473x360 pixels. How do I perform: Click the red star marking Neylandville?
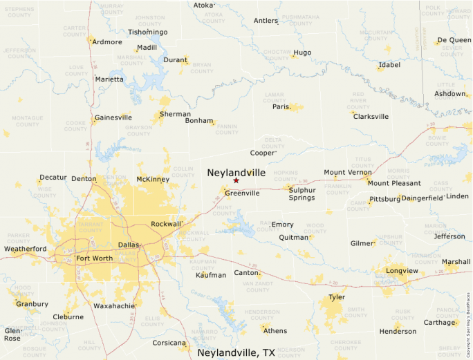[236, 180]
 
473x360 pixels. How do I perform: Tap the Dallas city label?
[128, 245]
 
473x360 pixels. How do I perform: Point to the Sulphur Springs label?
[302, 193]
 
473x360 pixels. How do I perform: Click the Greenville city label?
[242, 193]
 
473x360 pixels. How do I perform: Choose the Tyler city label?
[337, 297]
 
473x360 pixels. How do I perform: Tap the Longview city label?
[402, 271]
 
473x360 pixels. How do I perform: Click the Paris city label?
[280, 107]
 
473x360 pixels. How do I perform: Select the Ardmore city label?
[107, 42]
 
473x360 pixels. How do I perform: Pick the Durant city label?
[175, 60]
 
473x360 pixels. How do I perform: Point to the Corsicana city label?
[169, 343]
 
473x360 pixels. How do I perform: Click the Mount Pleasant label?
[394, 183]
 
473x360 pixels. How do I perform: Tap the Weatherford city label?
[26, 249]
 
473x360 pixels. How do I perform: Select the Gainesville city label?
[113, 117]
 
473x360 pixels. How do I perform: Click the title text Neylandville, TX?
[236, 352]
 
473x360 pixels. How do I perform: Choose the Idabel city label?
[389, 66]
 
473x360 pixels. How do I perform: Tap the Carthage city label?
[439, 322]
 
